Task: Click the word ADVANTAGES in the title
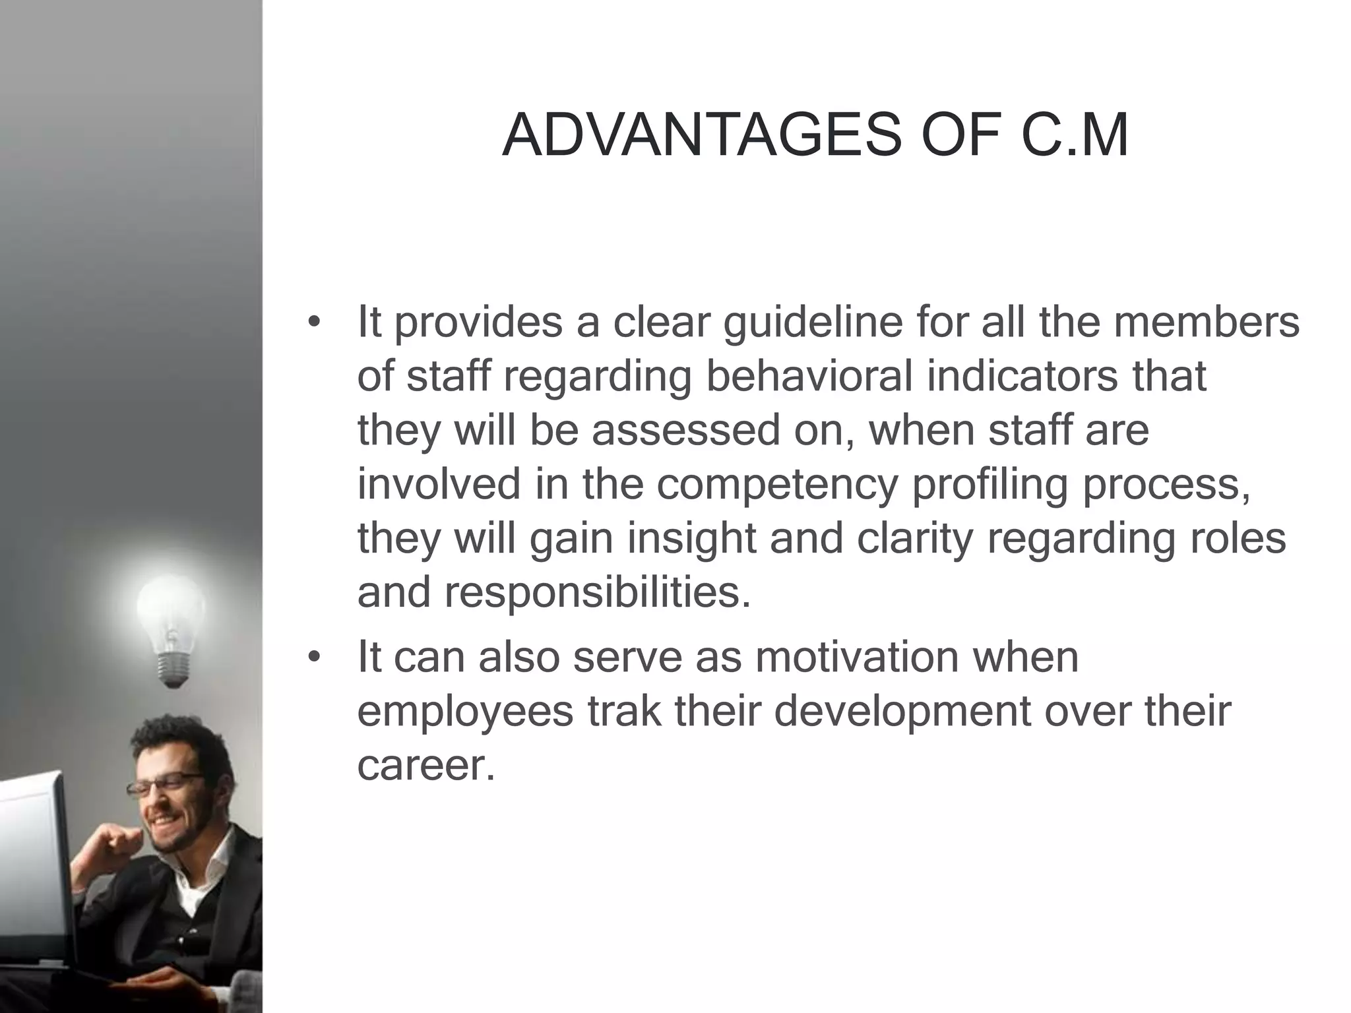[x=701, y=137]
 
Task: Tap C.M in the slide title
[x=1075, y=137]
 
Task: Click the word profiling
[x=990, y=485]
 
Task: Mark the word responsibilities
[x=597, y=592]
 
